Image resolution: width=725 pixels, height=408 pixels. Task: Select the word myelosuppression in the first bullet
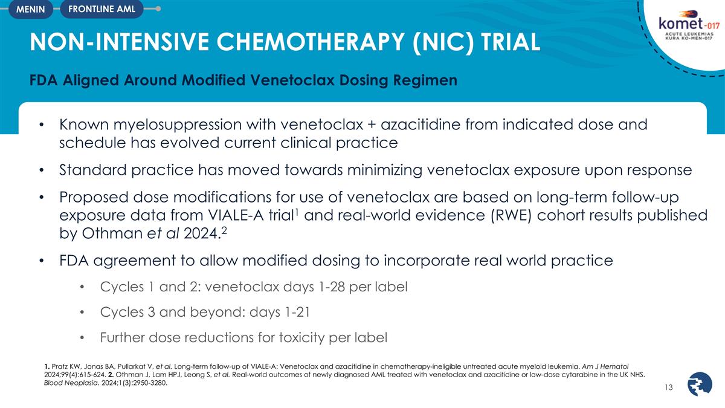173,126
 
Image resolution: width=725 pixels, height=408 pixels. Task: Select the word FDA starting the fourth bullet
77,261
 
